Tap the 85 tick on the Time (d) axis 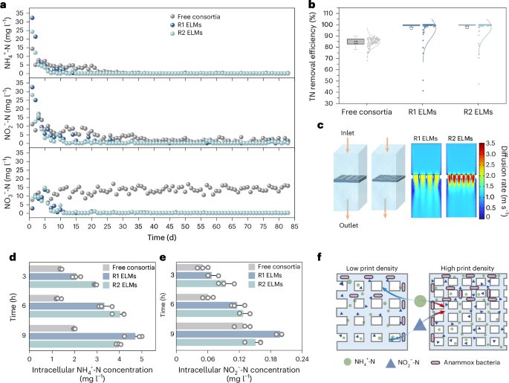click(294, 226)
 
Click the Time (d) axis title click(162, 237)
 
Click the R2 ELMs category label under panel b click(478, 112)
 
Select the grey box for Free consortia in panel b click(355, 42)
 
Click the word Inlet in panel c click(347, 133)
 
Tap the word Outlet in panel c click(348, 225)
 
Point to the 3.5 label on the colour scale click(491, 144)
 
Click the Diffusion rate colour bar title click(504, 181)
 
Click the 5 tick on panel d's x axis click(141, 359)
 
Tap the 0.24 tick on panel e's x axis click(302, 359)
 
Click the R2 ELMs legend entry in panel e click(265, 284)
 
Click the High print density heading click(467, 268)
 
